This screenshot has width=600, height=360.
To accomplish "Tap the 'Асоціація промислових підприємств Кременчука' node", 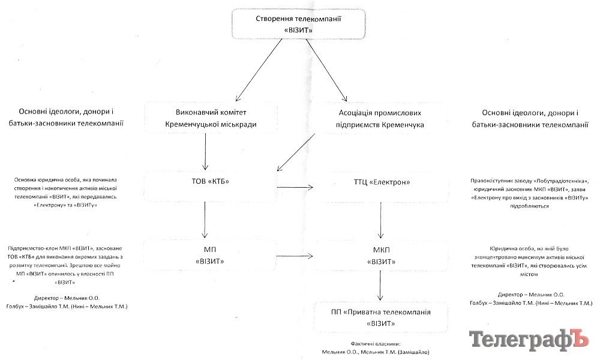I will (379, 118).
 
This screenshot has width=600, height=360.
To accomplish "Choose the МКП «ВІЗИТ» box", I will (379, 255).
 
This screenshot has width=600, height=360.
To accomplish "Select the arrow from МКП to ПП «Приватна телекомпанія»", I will (380, 286).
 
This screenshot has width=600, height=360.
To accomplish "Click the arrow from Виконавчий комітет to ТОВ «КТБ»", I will (206, 152).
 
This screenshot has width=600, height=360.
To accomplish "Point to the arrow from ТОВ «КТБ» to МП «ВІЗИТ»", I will (206, 220).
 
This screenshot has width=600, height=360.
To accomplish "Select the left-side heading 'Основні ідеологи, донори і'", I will (66, 112).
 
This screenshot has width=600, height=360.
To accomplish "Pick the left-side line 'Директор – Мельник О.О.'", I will (66, 298).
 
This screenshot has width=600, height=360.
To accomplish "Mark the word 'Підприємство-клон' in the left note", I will (31, 248).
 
